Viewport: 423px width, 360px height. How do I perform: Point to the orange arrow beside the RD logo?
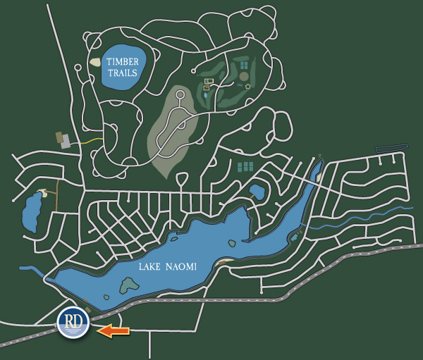point(114,329)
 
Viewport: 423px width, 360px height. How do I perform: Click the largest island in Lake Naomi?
point(128,285)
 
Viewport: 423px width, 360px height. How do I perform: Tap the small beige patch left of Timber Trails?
point(95,62)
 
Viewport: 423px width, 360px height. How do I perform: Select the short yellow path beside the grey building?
point(87,141)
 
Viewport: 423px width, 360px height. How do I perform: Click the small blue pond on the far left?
point(31,211)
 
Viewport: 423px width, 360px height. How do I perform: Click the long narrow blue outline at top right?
point(392,148)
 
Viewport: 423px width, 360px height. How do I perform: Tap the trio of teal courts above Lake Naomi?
point(245,167)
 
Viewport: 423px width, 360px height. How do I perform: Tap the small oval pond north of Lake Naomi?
point(257,191)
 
